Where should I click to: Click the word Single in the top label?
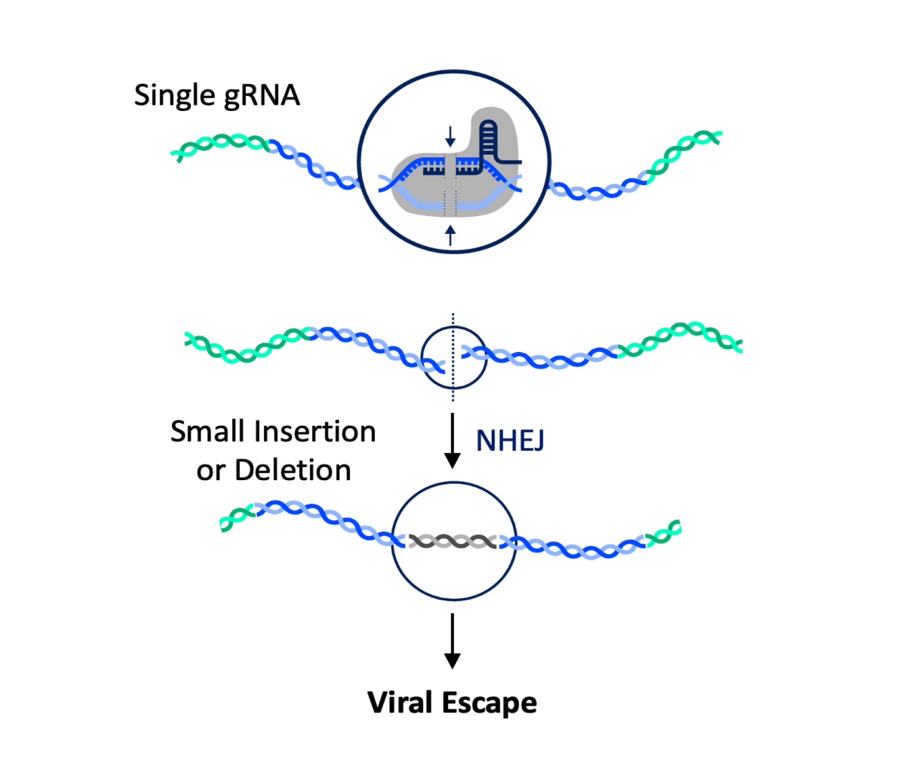pyautogui.click(x=175, y=95)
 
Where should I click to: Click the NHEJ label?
pyautogui.click(x=510, y=441)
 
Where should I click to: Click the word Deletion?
pyautogui.click(x=293, y=470)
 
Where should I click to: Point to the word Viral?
pyautogui.click(x=400, y=702)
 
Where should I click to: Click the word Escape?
pyautogui.click(x=489, y=703)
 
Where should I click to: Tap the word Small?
pyautogui.click(x=207, y=432)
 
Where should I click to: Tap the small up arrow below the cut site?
pyautogui.click(x=451, y=234)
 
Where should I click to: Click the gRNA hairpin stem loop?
pyautogui.click(x=488, y=139)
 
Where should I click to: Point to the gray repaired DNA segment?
pyautogui.click(x=453, y=541)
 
